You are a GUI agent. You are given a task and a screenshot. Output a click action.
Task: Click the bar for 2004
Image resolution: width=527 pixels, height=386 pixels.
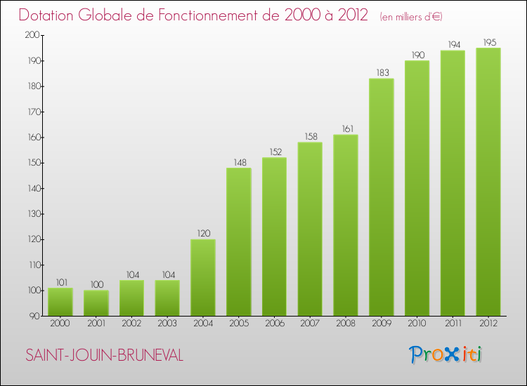pos(203,277)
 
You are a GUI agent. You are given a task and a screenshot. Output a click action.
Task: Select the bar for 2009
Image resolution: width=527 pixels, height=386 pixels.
pos(381,197)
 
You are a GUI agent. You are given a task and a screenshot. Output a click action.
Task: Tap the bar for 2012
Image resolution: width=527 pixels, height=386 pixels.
pos(488,182)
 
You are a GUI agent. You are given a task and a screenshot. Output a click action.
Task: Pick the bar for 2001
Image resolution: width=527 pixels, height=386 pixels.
pos(96,302)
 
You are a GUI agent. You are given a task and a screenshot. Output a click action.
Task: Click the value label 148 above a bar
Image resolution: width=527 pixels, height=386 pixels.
pos(239,163)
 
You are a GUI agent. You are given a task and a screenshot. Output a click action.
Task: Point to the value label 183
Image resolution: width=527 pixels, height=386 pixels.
pos(381,73)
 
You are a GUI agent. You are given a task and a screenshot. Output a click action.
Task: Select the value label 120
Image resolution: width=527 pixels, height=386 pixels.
pos(203,234)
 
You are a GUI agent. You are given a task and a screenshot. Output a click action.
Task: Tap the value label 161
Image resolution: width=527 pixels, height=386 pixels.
pos(346,129)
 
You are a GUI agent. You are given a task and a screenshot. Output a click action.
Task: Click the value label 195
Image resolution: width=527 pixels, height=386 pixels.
pos(488,42)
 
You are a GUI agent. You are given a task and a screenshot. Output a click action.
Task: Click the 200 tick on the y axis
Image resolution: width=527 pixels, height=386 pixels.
pos(32,35)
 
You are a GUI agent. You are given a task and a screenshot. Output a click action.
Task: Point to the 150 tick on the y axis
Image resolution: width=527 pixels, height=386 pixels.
pos(32,163)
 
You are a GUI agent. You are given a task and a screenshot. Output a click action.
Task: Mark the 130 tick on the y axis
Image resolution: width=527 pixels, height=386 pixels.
pos(32,214)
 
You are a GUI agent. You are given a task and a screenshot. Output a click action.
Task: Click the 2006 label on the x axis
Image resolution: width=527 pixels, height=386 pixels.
pos(274,324)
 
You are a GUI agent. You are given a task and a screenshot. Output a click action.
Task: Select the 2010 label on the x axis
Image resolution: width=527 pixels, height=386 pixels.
pos(417,324)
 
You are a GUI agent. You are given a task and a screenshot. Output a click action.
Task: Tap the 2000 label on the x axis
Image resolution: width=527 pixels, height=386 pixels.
pos(60,324)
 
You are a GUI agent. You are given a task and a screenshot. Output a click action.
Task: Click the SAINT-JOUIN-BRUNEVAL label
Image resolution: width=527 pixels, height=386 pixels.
pos(104,356)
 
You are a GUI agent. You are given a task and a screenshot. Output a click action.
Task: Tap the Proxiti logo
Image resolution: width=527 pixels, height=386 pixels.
pos(446,354)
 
